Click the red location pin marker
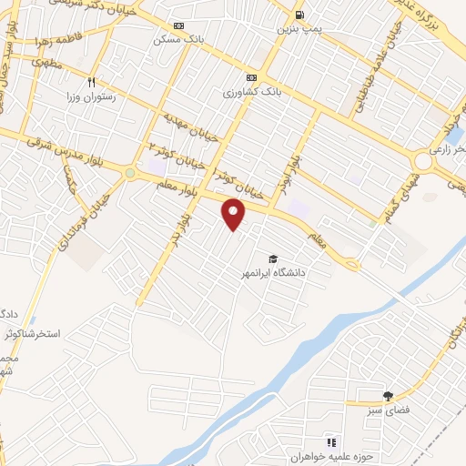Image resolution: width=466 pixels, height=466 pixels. (x=234, y=214)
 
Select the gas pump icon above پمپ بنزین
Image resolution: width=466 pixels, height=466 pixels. (x=299, y=15)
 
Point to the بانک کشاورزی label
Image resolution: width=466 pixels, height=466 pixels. (x=248, y=92)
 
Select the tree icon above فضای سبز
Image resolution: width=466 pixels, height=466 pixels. (x=389, y=396)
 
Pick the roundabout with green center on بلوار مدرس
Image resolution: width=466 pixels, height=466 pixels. (x=131, y=173)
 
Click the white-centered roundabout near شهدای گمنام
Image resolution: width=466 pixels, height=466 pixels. (x=424, y=162)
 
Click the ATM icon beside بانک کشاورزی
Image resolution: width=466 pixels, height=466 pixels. (x=251, y=78)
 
